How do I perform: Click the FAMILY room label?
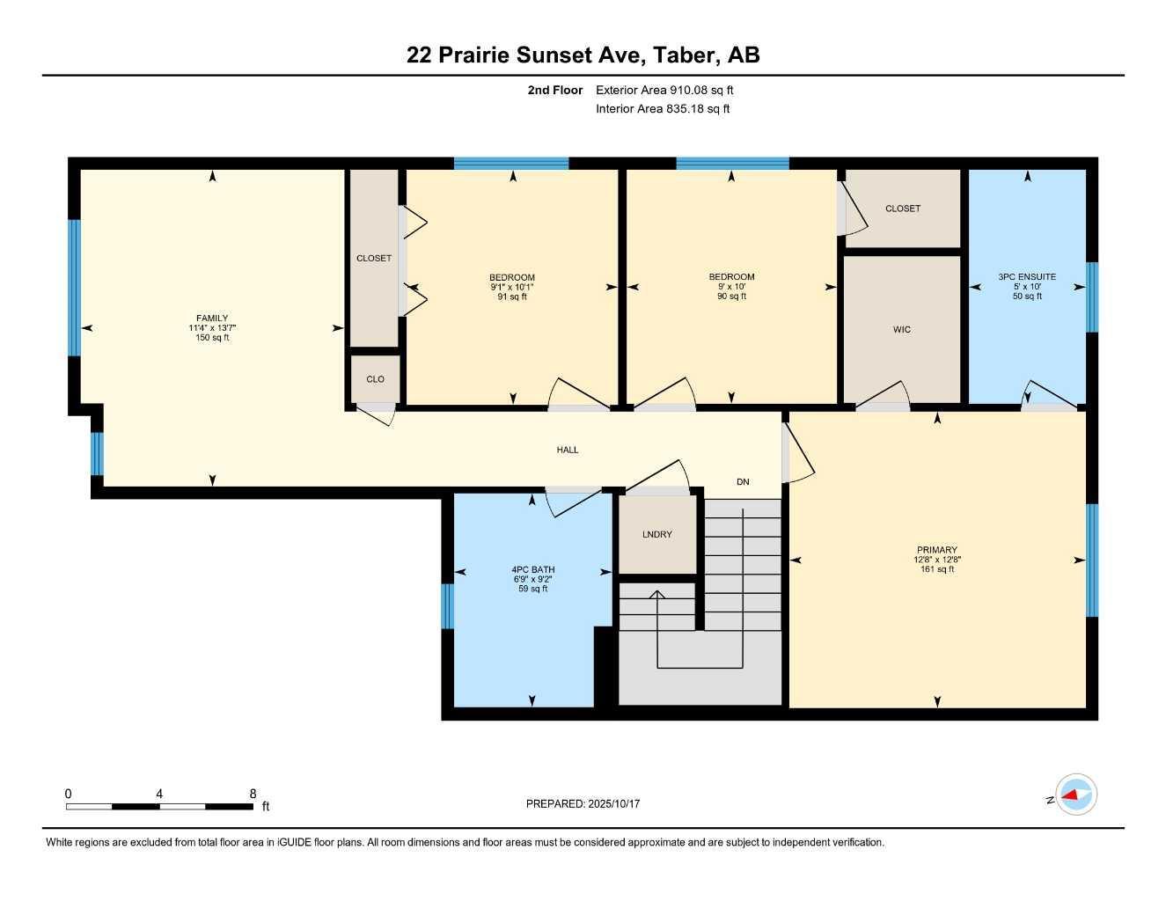pos(212,319)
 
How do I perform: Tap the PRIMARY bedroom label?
pos(937,550)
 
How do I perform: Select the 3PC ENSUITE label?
pos(1027,276)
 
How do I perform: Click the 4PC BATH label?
pos(532,569)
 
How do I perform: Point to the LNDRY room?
pos(657,534)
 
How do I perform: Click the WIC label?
pos(902,329)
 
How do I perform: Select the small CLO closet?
pos(375,379)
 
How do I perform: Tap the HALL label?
pos(568,450)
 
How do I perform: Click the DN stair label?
pos(743,481)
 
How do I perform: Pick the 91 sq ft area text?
pos(512,297)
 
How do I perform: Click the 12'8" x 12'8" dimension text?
pos(937,560)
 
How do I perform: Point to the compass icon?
pos(1075,795)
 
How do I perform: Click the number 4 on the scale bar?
pos(159,794)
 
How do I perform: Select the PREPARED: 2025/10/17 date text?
pos(583,803)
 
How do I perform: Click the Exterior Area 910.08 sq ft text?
pos(664,90)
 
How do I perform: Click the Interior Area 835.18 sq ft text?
pos(663,109)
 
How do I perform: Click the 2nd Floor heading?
pos(554,90)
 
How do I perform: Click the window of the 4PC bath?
pos(446,606)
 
